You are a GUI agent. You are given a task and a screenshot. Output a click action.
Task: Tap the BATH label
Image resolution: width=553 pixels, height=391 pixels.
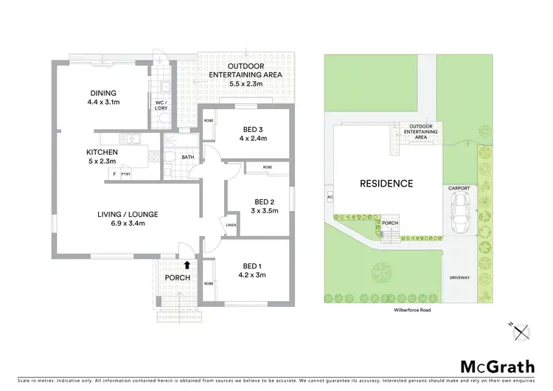pos(188,157)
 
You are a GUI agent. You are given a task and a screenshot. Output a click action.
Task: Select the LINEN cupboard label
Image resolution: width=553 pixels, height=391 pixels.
pos(231,225)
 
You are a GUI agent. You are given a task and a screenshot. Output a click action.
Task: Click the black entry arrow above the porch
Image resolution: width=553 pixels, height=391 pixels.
pos(187,263)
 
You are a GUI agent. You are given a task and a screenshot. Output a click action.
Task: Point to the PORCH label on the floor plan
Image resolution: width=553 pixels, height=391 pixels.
pos(178,277)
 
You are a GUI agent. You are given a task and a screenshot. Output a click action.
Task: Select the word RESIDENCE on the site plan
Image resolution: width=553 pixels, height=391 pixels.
pos(386,183)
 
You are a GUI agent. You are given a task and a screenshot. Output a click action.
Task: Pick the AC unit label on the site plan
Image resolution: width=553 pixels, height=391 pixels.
pos(329,197)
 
